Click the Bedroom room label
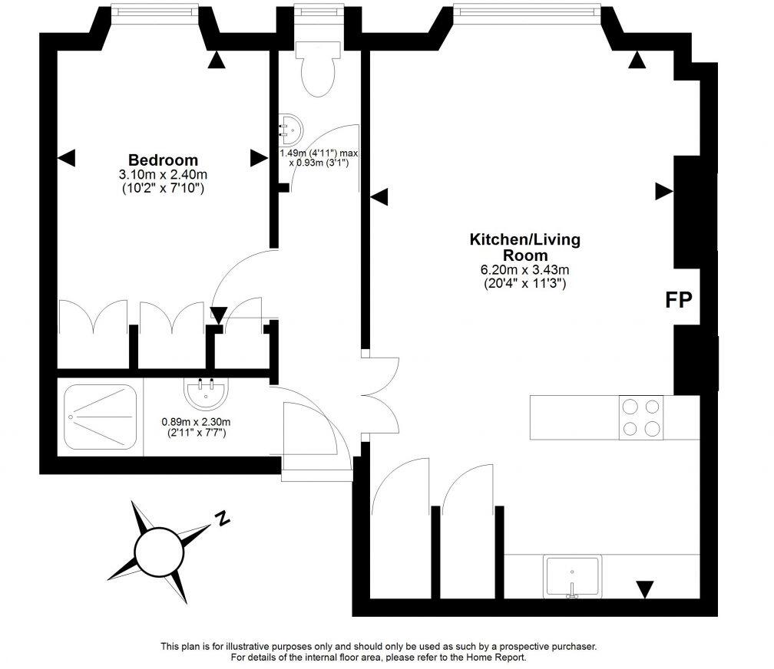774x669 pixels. pos(163,160)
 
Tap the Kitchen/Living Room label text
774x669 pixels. pos(525,247)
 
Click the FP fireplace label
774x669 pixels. pos(678,300)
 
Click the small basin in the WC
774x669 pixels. pos(290,130)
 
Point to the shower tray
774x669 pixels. pos(101,417)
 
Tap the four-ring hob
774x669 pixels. pos(641,417)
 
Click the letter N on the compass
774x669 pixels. pos(223,519)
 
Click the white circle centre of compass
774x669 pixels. pos(157,550)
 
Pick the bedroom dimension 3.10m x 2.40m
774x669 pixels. pos(163,175)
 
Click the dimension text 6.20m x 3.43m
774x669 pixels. pos(525,270)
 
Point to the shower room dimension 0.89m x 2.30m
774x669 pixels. pos(196,421)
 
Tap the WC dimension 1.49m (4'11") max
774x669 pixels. pos(318,153)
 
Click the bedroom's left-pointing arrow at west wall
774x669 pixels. pos(68,158)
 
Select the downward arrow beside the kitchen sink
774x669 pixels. pos(645,589)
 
